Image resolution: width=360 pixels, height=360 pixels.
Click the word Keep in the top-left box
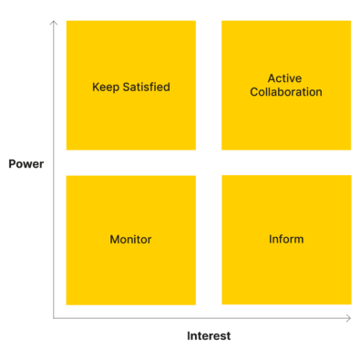(106, 87)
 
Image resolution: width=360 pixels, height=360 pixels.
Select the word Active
(285, 78)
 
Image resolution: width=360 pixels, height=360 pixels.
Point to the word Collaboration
(285, 92)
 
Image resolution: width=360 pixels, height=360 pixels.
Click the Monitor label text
(130, 240)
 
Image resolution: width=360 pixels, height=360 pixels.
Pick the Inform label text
(286, 240)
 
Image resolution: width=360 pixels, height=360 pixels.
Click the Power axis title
(26, 164)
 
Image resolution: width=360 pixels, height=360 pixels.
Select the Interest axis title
(209, 336)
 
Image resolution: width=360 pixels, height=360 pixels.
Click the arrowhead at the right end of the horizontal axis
(349, 318)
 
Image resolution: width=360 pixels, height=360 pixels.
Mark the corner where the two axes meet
(54, 318)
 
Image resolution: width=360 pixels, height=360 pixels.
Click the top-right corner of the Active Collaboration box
(351, 21)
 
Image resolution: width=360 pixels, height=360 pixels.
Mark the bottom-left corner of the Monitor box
(67, 305)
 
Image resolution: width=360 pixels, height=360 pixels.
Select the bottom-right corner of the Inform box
(351, 304)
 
